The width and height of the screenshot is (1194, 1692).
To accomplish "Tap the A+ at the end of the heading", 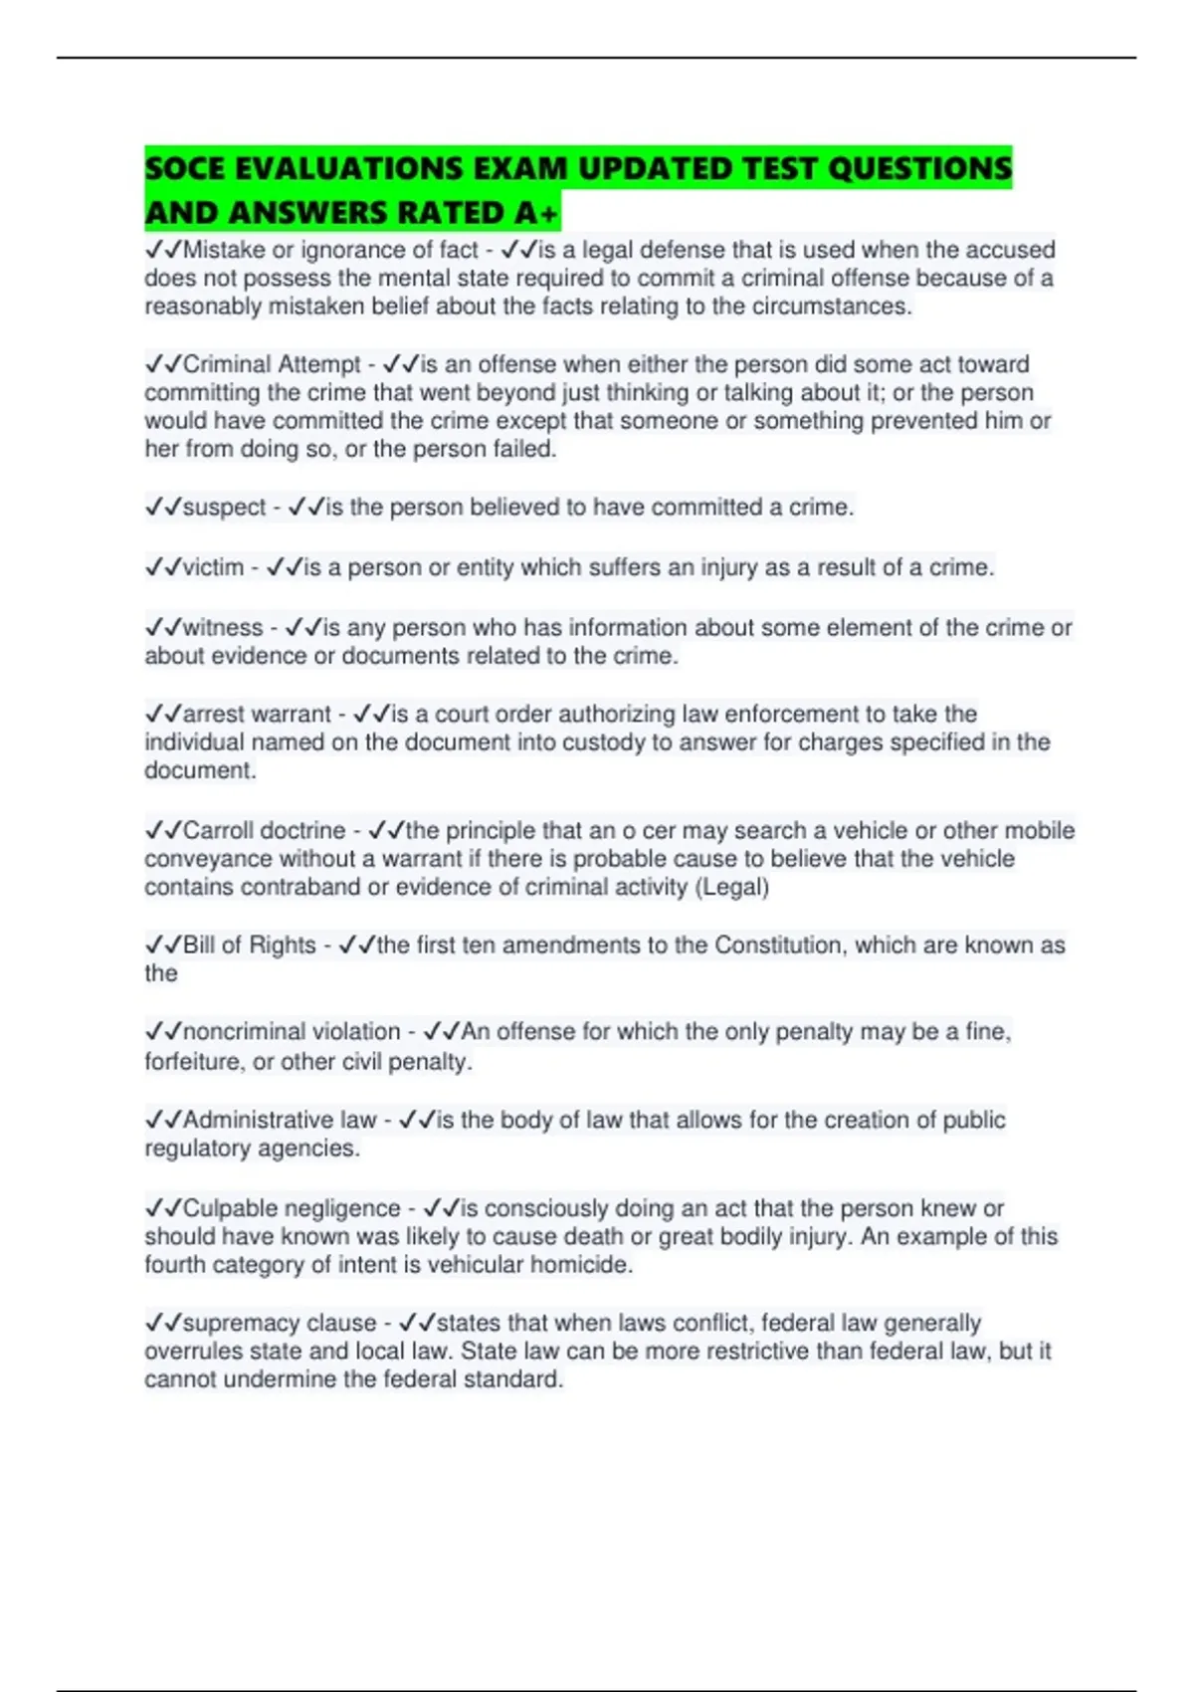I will tap(538, 213).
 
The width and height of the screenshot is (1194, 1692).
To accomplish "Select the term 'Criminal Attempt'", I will tap(271, 364).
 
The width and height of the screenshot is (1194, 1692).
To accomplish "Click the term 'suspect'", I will tap(224, 508).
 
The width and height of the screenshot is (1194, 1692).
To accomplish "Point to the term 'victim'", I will tap(213, 567).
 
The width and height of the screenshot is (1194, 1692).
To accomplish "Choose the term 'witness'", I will tap(223, 628).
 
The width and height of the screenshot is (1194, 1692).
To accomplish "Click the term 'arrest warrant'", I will tap(257, 714).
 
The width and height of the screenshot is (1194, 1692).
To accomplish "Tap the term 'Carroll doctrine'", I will tap(264, 830).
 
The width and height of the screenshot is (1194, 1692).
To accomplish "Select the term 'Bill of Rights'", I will tap(249, 945).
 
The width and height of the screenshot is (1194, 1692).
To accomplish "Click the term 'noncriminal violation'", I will tap(292, 1031).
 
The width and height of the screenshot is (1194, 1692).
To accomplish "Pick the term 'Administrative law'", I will tap(280, 1120).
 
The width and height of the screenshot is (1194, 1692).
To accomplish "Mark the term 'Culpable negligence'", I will tap(292, 1208).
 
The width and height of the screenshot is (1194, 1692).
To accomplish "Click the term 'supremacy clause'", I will tap(280, 1323).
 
